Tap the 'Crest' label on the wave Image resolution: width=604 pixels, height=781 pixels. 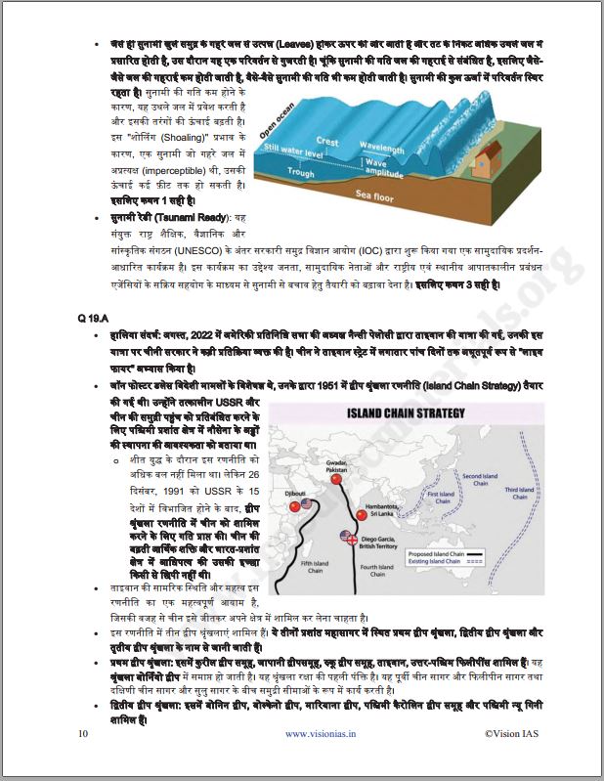[x=327, y=142]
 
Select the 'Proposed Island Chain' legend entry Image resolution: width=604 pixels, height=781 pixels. [x=461, y=551]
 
